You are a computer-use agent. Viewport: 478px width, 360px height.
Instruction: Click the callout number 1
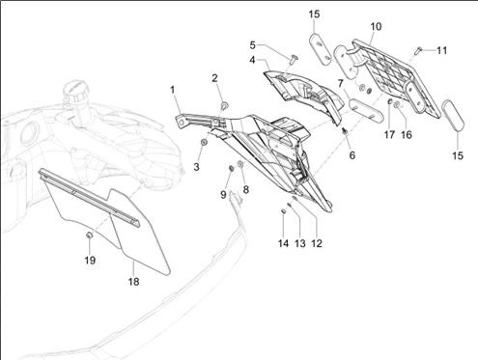(173, 90)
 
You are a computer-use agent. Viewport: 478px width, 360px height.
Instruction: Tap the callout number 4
(252, 60)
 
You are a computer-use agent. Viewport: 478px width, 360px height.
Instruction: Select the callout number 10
(376, 26)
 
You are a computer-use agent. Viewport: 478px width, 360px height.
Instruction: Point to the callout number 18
(134, 282)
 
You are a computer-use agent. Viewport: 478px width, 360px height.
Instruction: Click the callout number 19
(90, 260)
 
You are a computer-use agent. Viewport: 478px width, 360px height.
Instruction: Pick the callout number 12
(317, 243)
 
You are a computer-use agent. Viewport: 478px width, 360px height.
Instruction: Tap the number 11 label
(441, 50)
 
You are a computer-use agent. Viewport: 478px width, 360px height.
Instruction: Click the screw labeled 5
(294, 60)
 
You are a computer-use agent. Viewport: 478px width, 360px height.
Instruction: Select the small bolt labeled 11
(419, 50)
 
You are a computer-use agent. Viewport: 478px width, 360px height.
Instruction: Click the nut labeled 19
(90, 235)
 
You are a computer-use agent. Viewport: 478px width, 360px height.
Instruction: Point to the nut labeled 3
(204, 142)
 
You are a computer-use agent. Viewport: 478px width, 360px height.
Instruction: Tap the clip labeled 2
(224, 105)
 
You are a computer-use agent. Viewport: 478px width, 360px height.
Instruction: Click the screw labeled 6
(345, 131)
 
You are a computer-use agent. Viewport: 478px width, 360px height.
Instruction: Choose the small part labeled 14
(283, 211)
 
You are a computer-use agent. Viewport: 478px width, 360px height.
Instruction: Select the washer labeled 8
(240, 164)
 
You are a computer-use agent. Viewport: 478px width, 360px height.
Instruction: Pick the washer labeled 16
(397, 104)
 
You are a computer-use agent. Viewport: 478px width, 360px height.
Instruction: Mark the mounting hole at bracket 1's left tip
(183, 122)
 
